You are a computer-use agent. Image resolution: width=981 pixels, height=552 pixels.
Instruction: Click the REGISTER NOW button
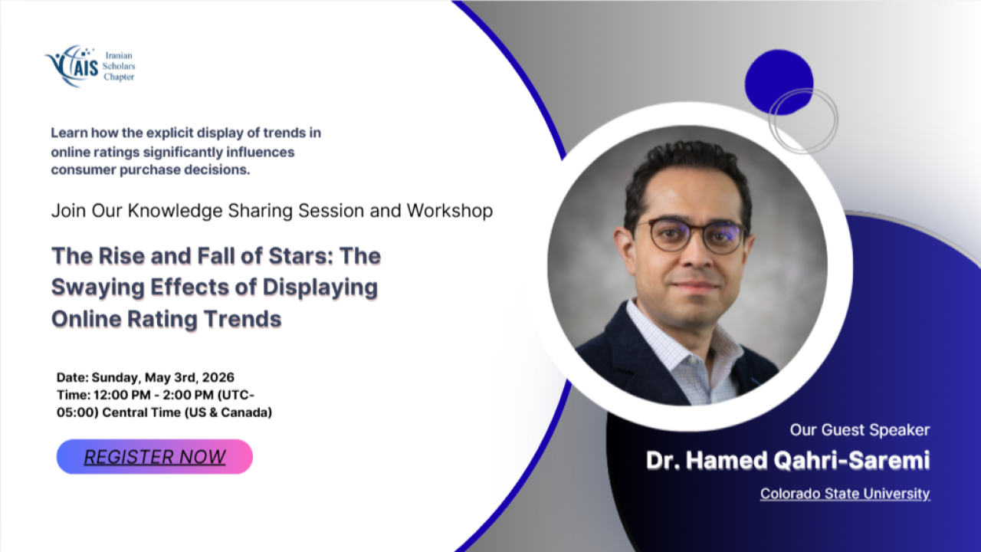pyautogui.click(x=155, y=456)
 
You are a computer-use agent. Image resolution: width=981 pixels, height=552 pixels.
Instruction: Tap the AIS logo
pyautogui.click(x=72, y=66)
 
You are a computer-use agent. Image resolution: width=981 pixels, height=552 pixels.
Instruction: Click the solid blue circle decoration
pyautogui.click(x=779, y=82)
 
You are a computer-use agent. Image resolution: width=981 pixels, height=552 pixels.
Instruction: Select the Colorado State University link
pyautogui.click(x=845, y=494)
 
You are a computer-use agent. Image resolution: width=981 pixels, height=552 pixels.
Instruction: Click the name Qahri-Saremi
pyautogui.click(x=851, y=461)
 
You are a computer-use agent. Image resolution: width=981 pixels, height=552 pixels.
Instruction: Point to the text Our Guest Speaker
pyautogui.click(x=860, y=430)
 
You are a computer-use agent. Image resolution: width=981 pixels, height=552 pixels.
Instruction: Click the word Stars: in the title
pyautogui.click(x=298, y=256)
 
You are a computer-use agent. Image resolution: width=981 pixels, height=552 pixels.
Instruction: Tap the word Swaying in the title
pyautogui.click(x=97, y=288)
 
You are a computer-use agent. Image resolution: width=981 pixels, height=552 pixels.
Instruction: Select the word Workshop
pyautogui.click(x=450, y=211)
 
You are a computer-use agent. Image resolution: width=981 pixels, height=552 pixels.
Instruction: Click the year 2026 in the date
pyautogui.click(x=218, y=377)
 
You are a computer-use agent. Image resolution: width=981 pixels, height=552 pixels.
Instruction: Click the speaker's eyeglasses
pyautogui.click(x=694, y=235)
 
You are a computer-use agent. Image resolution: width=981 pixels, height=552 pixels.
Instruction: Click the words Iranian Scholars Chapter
pyautogui.click(x=119, y=66)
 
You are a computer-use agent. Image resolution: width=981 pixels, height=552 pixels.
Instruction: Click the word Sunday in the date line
pyautogui.click(x=116, y=378)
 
